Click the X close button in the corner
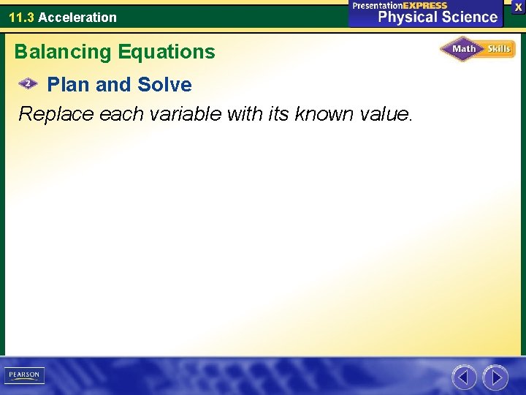coord(518,6)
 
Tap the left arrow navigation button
coord(464,377)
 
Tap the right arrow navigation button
coord(495,377)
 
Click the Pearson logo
coord(24,375)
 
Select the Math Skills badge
coord(477,49)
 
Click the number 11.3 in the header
coord(21,17)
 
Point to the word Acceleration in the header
coord(77,17)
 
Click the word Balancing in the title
coord(61,52)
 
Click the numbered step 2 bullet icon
coord(28,84)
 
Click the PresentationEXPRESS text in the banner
coord(399,5)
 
